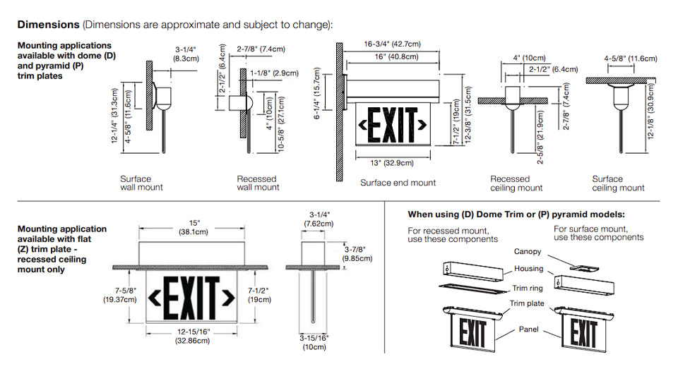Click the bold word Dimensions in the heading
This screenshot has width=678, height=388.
[48, 25]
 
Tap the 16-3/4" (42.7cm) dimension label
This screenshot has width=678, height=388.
[393, 44]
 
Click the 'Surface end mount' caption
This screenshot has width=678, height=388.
[398, 183]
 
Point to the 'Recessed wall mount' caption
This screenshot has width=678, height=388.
[257, 183]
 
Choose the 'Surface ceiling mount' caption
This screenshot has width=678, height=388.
[618, 183]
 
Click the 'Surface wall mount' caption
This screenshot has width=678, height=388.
[141, 183]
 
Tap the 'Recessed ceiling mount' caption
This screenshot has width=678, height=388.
[516, 183]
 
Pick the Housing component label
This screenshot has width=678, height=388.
[528, 269]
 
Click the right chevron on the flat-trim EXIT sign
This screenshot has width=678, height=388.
[227, 299]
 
